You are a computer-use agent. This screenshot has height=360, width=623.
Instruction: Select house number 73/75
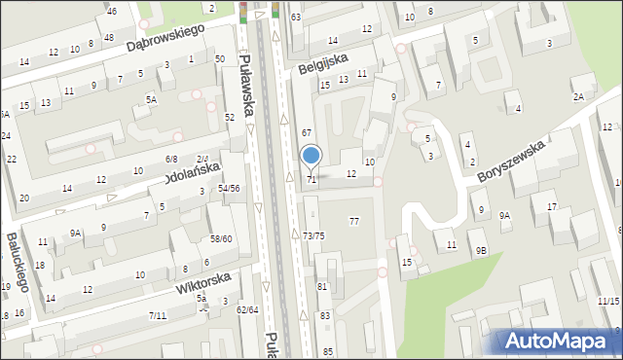click(313, 236)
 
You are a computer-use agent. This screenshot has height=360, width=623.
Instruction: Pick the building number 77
click(354, 222)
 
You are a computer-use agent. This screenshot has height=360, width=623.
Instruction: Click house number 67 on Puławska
click(306, 132)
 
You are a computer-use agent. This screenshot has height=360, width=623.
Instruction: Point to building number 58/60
click(221, 238)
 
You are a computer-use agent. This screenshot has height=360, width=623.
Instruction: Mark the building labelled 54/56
click(229, 188)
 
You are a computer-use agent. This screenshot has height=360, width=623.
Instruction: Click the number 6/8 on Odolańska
click(171, 159)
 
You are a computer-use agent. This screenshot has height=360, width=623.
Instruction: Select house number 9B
click(481, 250)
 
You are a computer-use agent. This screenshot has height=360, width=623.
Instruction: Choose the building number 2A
click(578, 96)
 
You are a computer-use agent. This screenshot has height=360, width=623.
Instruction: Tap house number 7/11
click(158, 315)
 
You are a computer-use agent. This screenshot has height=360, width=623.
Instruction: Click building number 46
click(113, 11)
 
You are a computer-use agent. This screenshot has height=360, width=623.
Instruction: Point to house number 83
click(324, 316)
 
